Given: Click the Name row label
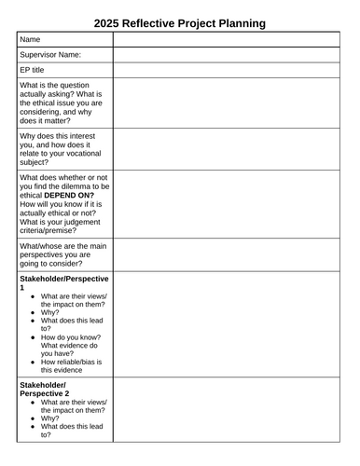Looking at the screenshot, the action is click(31, 39).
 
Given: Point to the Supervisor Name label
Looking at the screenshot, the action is click(50, 55).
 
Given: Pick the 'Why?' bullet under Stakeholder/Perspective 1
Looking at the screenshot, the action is click(49, 313).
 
